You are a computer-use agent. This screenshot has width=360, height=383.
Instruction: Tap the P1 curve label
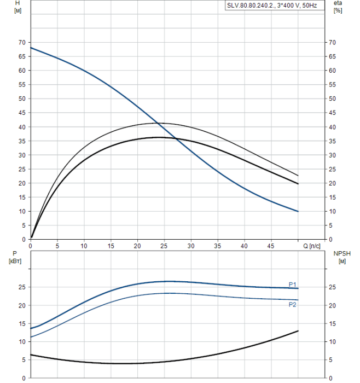click(x=293, y=285)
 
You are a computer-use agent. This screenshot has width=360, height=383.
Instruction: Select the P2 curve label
click(x=293, y=304)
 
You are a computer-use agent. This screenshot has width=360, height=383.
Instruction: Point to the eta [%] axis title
click(x=338, y=7)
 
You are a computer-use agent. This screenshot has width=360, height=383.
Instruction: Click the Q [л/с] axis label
click(x=313, y=246)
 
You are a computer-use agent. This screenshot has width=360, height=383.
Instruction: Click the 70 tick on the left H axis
click(x=22, y=42)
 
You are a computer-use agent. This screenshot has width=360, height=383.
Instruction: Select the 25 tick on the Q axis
click(x=137, y=246)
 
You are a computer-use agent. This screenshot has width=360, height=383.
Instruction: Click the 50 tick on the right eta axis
click(x=332, y=98)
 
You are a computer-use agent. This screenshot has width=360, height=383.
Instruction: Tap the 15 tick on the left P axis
click(x=22, y=323)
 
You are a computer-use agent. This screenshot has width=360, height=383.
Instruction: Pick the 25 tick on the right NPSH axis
click(x=332, y=287)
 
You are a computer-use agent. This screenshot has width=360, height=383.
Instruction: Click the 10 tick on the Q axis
click(x=84, y=246)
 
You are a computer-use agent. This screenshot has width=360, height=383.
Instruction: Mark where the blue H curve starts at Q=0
click(x=31, y=48)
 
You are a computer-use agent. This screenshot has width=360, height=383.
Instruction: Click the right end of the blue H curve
click(x=298, y=211)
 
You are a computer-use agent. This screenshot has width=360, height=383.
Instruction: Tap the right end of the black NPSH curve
click(x=298, y=331)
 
